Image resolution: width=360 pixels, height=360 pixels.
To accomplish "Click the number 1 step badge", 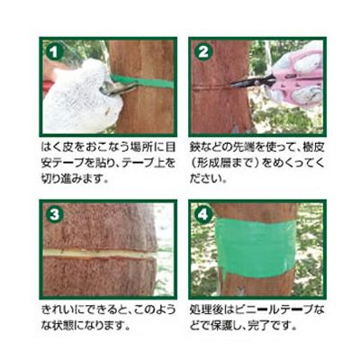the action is tap(54, 51).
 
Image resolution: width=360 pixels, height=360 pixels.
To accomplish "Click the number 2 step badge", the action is tap(203, 51).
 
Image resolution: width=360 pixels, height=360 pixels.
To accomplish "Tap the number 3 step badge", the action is tap(54, 215).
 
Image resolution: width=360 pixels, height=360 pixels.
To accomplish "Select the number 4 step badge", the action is tap(203, 215).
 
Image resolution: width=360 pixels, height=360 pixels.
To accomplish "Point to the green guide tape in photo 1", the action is tap(142, 81).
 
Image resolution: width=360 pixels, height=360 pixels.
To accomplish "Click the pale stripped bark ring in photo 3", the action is tap(100, 254).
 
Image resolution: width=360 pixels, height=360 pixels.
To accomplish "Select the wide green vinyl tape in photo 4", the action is tap(255, 248).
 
